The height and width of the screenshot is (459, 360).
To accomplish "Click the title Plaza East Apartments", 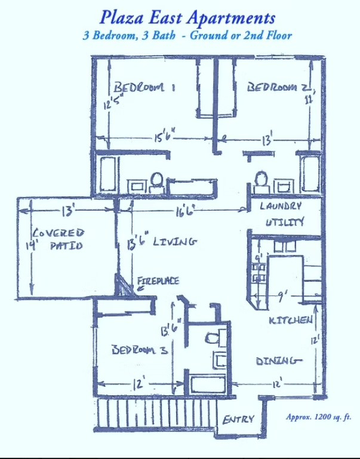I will pyautogui.click(x=187, y=17).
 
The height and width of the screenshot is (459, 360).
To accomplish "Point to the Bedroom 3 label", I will pyautogui.click(x=139, y=350).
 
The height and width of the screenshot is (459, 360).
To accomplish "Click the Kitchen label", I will pyautogui.click(x=291, y=321).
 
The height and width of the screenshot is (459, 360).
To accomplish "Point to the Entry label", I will pyautogui.click(x=238, y=420).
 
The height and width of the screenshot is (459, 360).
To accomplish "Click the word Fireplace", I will pyautogui.click(x=158, y=281).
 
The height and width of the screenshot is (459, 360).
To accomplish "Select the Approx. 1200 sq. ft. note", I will pyautogui.click(x=318, y=417).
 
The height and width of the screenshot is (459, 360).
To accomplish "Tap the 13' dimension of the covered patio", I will pyautogui.click(x=67, y=211).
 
